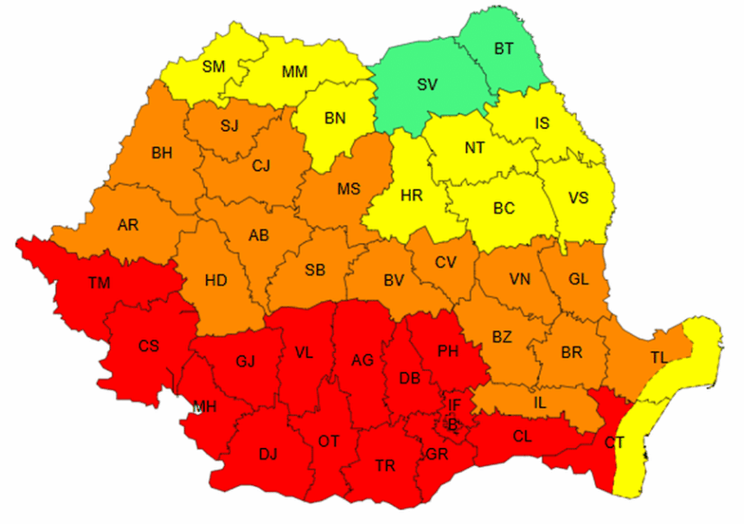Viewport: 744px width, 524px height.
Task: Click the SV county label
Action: (x=427, y=84)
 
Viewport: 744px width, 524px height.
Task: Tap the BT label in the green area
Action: (x=503, y=48)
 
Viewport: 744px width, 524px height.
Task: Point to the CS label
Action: (x=148, y=346)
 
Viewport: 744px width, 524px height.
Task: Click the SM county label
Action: (x=212, y=65)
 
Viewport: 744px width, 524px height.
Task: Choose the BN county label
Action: (x=335, y=118)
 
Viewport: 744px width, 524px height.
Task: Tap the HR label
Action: (x=412, y=195)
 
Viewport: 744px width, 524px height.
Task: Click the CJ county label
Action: (x=262, y=165)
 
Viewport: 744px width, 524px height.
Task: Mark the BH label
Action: (x=162, y=153)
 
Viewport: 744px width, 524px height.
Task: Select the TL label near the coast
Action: (x=660, y=357)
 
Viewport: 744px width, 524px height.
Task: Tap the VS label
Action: (x=579, y=197)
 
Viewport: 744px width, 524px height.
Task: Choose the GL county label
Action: (x=579, y=278)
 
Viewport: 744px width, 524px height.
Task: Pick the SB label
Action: (x=315, y=270)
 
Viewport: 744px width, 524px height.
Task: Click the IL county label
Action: (x=540, y=402)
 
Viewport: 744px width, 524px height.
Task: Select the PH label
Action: (x=448, y=351)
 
